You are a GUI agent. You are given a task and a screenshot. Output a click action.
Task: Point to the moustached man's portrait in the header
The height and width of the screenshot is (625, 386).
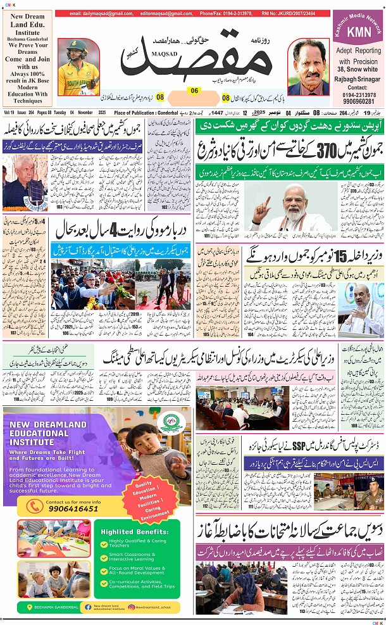(308, 68)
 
